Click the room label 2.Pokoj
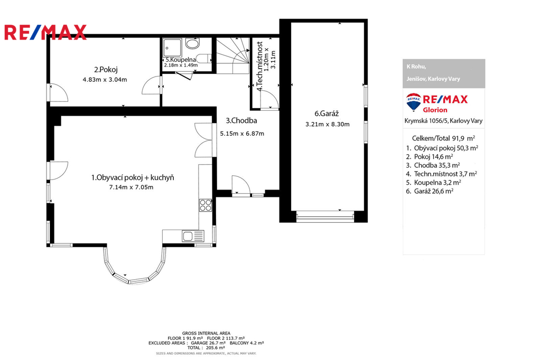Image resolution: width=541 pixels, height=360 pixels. [106, 70]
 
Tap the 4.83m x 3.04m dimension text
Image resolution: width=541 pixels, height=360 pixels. [105, 80]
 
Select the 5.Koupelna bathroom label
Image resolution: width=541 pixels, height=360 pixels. [181, 60]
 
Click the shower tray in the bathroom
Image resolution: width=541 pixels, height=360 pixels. [172, 48]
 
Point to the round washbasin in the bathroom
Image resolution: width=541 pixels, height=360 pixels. [192, 43]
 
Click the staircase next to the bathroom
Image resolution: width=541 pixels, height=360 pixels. [232, 55]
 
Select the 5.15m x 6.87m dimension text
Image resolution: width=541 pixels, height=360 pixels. [242, 134]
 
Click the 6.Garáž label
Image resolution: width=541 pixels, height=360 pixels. [327, 113]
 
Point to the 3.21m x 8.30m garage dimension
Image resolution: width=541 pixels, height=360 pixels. [328, 125]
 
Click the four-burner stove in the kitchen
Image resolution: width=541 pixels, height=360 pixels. [206, 205]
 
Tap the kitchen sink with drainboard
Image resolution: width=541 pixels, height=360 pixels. [193, 236]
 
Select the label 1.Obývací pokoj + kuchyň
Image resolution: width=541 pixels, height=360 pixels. [133, 177]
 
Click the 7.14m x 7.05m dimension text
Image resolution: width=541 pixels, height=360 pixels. [131, 187]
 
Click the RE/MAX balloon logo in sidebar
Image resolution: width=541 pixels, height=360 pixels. [413, 102]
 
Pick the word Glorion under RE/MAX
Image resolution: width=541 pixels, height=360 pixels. [435, 110]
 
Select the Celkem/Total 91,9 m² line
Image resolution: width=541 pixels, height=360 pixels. [443, 138]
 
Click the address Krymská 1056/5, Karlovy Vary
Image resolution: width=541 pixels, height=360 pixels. [443, 121]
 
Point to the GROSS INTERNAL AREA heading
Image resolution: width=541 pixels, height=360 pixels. [207, 333]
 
